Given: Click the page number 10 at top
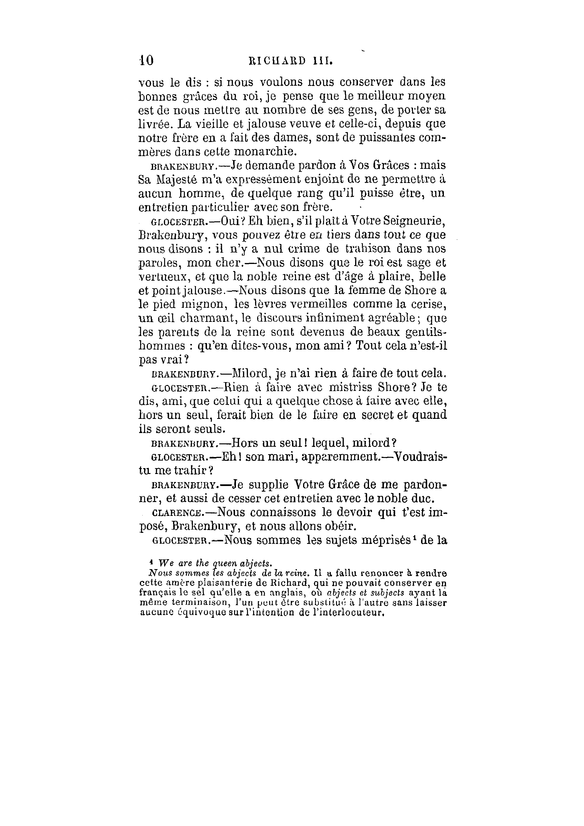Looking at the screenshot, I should pos(146,60).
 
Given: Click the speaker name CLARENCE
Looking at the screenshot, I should pos(177,513).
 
